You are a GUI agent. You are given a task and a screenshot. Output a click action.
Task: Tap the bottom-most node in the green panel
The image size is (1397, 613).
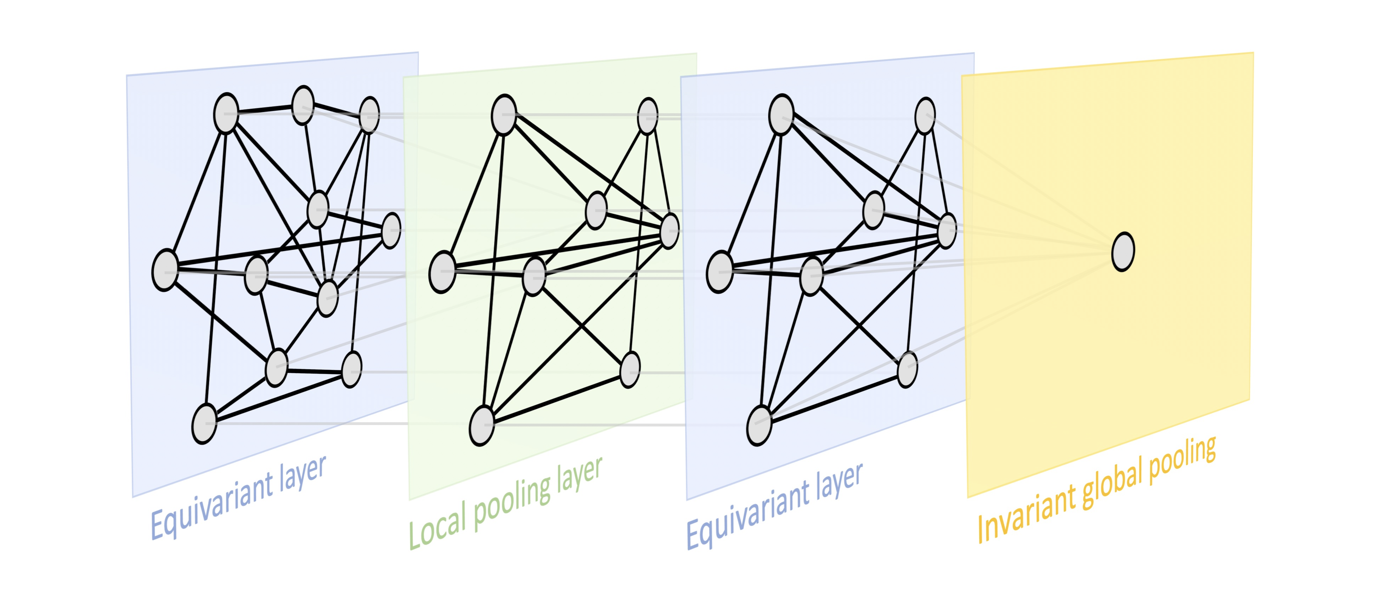(x=481, y=426)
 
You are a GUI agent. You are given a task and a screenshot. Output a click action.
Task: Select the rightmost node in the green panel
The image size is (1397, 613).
(x=670, y=231)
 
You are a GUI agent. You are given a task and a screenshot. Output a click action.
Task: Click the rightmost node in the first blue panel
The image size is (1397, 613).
(x=391, y=230)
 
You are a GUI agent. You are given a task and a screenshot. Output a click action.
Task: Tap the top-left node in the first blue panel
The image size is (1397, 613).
(x=226, y=113)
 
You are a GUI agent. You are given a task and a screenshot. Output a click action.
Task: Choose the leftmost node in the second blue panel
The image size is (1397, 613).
(x=720, y=272)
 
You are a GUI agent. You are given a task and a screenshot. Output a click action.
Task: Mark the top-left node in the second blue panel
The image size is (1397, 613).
(x=781, y=114)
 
